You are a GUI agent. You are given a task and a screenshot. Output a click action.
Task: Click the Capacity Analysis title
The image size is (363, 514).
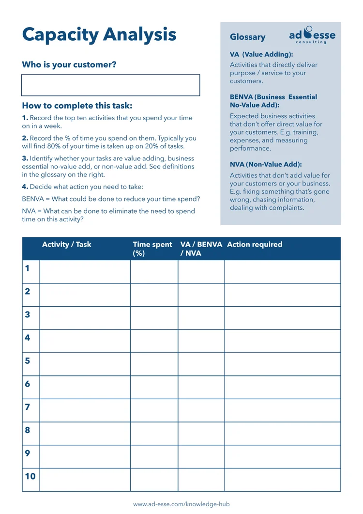(x=99, y=34)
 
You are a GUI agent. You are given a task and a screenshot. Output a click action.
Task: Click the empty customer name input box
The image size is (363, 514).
(x=110, y=85)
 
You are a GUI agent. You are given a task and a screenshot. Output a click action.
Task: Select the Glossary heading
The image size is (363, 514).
(x=247, y=37)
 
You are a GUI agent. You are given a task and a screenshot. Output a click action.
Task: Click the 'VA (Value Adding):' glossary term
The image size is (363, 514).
(x=261, y=55)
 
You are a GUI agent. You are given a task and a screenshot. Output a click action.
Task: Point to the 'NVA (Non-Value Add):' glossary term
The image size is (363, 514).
(x=266, y=165)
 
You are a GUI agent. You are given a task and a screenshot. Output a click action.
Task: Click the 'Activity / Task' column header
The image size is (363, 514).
(x=66, y=245)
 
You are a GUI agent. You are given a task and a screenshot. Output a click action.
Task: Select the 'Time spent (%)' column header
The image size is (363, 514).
(x=152, y=249)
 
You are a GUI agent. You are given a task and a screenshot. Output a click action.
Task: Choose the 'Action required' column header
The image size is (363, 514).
(x=255, y=245)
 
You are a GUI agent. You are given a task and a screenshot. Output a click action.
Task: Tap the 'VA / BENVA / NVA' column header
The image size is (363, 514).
(x=201, y=249)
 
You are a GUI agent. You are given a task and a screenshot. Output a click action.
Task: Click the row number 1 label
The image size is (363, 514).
(x=27, y=268)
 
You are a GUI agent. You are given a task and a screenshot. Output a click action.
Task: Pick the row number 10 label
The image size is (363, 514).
(x=30, y=476)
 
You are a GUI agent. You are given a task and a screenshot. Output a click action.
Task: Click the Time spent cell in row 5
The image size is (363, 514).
(x=154, y=364)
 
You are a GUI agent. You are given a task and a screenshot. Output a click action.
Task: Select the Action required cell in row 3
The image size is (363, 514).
(x=282, y=318)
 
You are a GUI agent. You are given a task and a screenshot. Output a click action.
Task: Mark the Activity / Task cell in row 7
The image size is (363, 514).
(x=85, y=410)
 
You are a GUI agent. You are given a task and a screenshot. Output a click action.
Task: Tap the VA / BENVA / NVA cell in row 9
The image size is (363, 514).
(x=201, y=456)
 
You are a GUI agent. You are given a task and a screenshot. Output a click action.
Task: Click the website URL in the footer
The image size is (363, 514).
(x=181, y=504)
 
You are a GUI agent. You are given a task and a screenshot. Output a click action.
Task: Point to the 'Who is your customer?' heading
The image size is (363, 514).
(x=69, y=65)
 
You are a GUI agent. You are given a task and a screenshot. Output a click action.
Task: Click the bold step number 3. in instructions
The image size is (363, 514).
(x=25, y=158)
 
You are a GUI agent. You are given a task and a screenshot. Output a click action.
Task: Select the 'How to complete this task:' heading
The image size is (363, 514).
(x=77, y=106)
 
